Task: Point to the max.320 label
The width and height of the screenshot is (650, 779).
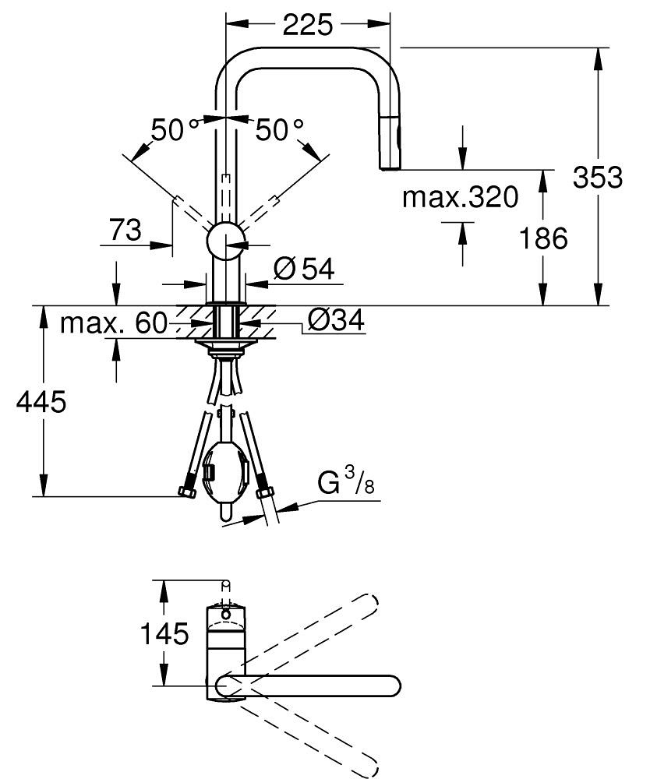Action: click(x=460, y=198)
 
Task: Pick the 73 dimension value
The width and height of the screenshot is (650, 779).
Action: click(x=125, y=230)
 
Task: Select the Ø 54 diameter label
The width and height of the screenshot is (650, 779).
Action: click(x=304, y=270)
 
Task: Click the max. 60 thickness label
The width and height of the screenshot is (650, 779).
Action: click(x=113, y=323)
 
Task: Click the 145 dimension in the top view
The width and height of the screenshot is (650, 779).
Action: click(x=164, y=634)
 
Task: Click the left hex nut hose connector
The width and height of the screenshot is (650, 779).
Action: click(x=186, y=492)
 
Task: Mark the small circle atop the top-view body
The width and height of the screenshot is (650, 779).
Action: click(x=226, y=614)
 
